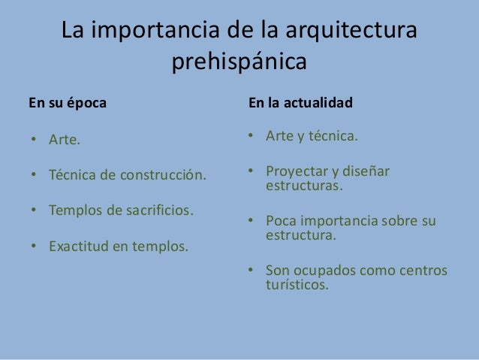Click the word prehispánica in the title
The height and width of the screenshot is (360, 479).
239,62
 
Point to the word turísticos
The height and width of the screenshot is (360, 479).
297,285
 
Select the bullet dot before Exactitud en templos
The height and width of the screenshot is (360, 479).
34,245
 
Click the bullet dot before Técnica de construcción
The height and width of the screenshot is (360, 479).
34,176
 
